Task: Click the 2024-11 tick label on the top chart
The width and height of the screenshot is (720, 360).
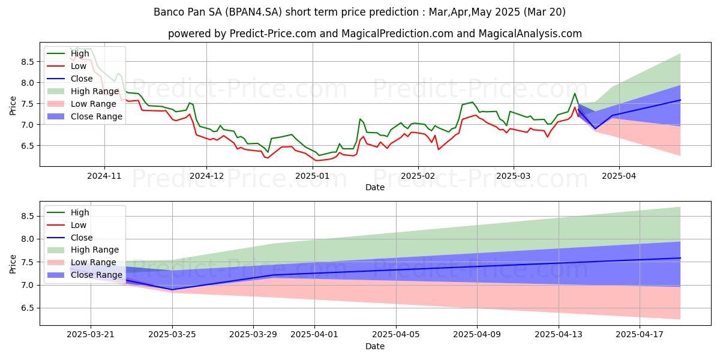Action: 104,175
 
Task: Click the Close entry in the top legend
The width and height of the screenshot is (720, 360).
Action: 82,79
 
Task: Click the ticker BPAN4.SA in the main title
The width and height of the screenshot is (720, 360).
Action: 253,12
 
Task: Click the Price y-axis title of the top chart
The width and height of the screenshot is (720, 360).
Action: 13,105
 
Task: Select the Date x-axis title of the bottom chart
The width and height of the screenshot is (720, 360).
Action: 375,346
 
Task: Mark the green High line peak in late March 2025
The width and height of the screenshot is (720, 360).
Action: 575,93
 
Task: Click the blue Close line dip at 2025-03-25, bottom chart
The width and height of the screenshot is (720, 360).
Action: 173,289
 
